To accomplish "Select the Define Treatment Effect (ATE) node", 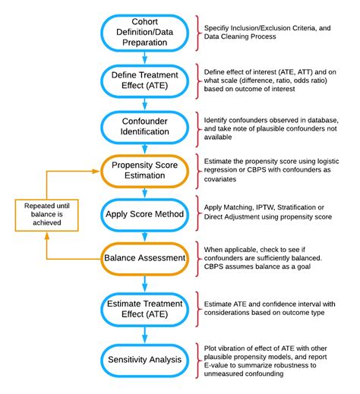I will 144,78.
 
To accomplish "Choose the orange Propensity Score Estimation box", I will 144,172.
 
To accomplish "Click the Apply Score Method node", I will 144,214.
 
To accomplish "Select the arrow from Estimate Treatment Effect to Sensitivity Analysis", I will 144,334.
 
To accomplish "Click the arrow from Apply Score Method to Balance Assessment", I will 144,237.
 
